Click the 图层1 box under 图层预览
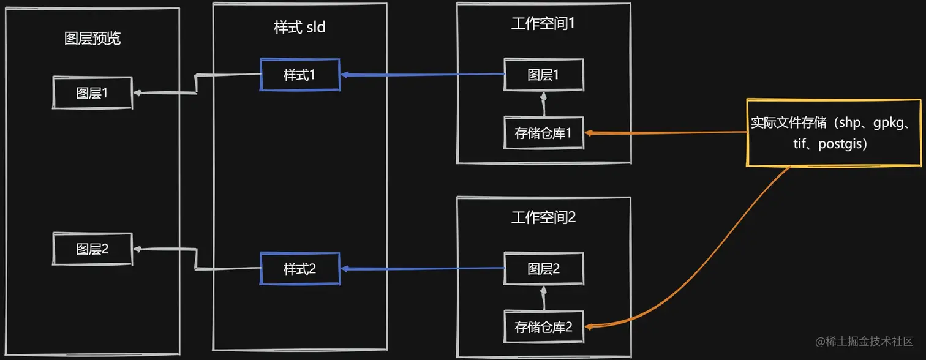point(92,93)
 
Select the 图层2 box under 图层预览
point(92,249)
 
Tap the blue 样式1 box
point(299,75)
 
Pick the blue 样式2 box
point(299,269)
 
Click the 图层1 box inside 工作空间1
point(543,75)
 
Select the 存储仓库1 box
point(543,133)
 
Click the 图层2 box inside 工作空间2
point(543,269)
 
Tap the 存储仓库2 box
point(543,327)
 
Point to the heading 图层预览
point(92,39)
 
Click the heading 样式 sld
point(299,28)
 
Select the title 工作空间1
point(543,24)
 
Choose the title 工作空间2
point(543,217)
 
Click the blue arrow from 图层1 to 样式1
point(423,75)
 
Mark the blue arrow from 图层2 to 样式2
point(423,268)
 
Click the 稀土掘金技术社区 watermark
point(864,341)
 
